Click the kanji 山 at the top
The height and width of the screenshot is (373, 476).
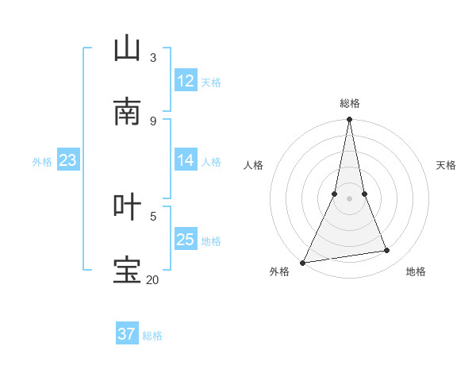click(128, 48)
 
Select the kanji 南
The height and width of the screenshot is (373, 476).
click(128, 112)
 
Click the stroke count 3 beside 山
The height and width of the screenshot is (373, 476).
click(153, 57)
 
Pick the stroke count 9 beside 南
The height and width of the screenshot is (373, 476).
click(153, 121)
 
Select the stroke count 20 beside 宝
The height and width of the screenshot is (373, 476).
click(152, 279)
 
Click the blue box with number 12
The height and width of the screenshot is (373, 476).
click(186, 81)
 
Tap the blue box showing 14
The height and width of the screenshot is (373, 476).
click(186, 160)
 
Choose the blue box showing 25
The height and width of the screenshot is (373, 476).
click(186, 240)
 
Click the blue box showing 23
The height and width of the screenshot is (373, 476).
click(68, 160)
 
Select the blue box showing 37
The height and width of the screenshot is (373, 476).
click(127, 334)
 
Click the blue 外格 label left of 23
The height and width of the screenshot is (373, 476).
click(42, 161)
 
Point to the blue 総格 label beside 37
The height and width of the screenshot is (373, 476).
click(152, 336)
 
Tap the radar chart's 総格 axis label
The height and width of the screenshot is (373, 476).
click(350, 103)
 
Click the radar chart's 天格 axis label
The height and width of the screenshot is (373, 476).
click(447, 165)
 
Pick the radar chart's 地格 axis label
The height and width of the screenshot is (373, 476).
click(416, 271)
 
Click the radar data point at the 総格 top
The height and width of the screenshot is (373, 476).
click(350, 119)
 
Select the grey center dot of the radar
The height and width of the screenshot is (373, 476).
click(350, 198)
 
